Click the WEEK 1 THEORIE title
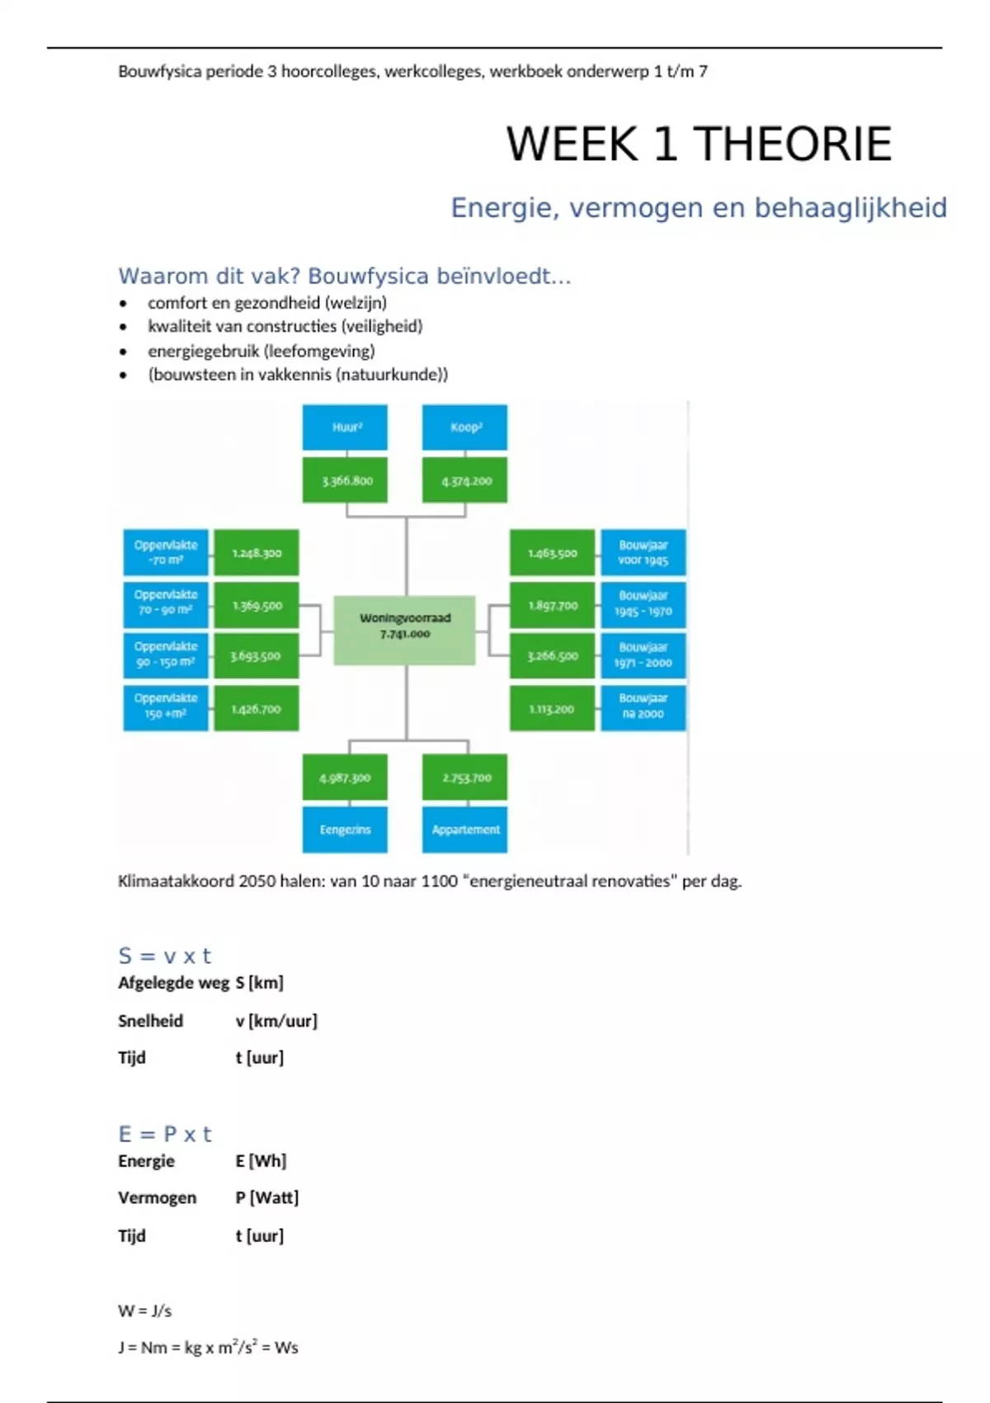coord(699,144)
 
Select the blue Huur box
coord(345,428)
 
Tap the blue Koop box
coord(464,428)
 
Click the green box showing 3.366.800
coord(345,480)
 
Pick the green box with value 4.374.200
coord(464,480)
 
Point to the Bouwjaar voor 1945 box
coord(643,553)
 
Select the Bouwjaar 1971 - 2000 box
coord(643,655)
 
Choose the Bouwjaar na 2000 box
coord(643,707)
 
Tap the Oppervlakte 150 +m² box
coord(166,707)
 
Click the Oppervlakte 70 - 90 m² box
coord(166,603)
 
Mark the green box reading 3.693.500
coord(256,656)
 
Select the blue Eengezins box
coord(345,829)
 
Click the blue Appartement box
coord(464,829)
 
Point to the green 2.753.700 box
coord(464,777)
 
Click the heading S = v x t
coord(165,956)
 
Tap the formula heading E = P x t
coord(165,1134)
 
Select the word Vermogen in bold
coord(157,1198)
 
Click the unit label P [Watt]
coord(266,1198)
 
